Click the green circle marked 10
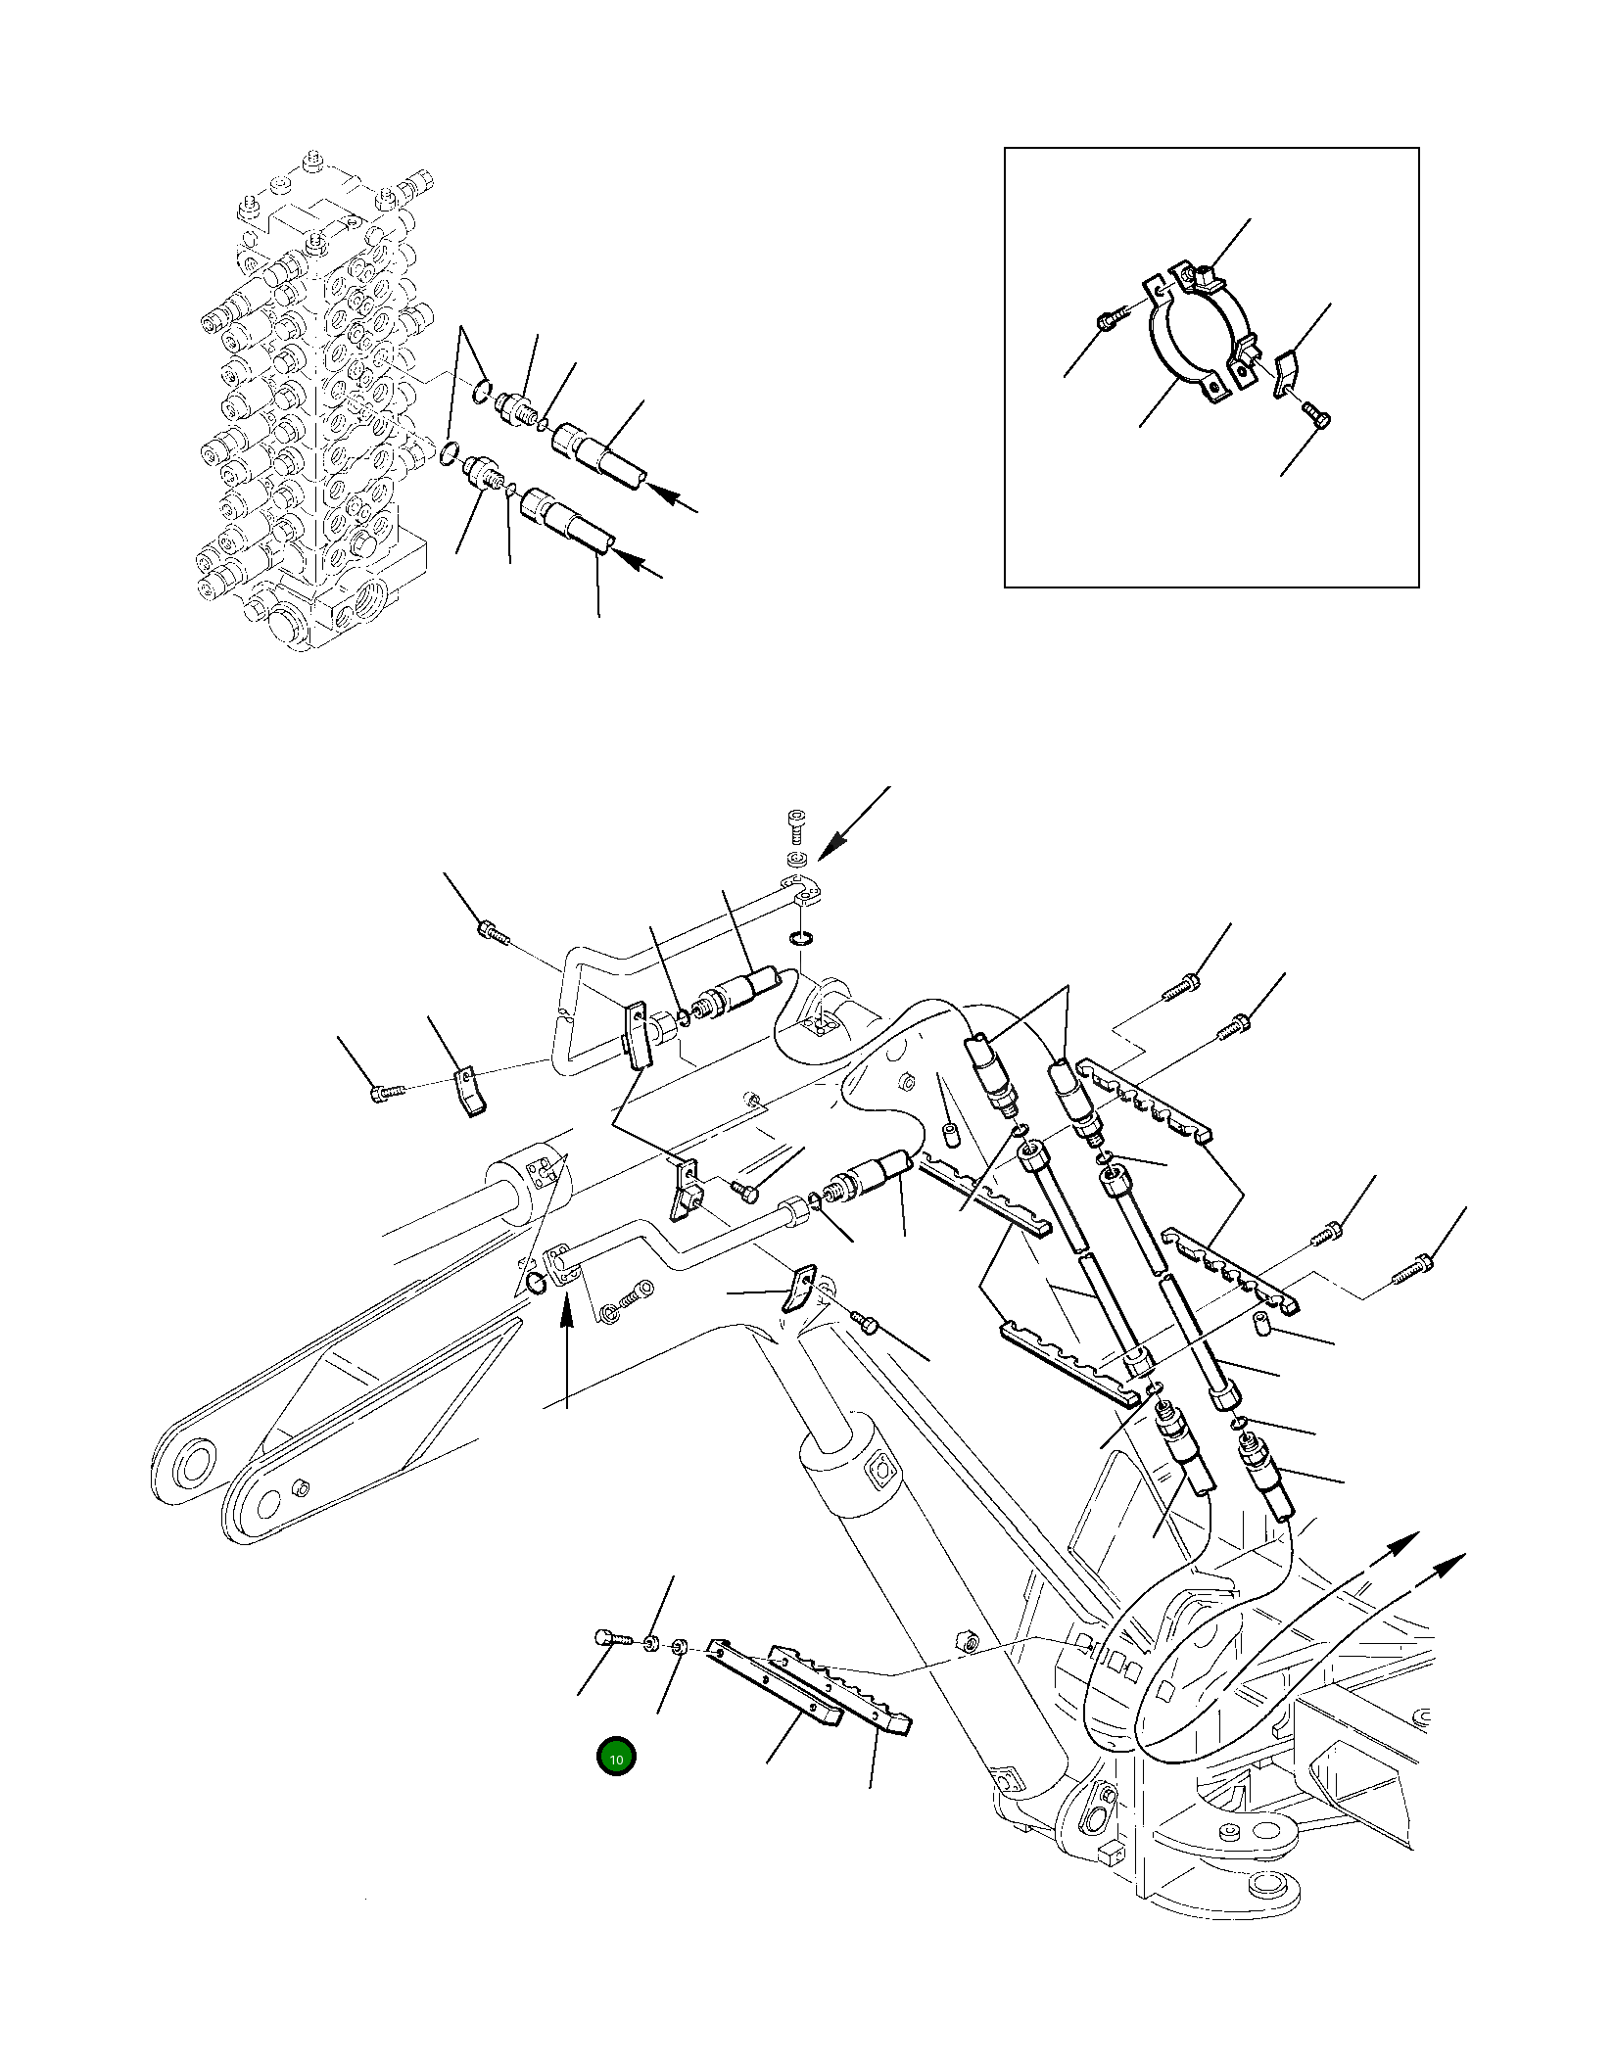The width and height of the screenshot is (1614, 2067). click(616, 1758)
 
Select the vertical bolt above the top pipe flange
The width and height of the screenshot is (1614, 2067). click(796, 824)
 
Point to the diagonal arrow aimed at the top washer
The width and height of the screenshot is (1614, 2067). click(853, 823)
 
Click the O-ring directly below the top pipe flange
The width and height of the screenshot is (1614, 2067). click(801, 939)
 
